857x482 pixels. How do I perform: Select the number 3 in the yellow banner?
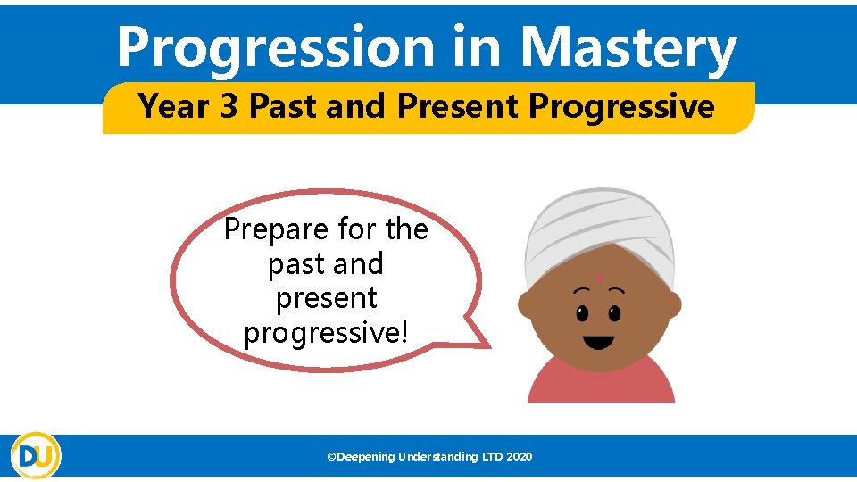[x=229, y=107]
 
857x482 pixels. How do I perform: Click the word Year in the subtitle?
[x=175, y=107]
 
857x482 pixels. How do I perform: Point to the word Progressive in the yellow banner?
[x=621, y=107]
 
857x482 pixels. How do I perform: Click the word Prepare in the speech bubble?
[x=275, y=229]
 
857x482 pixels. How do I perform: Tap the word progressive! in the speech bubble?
[x=326, y=332]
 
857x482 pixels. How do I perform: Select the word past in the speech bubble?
[x=294, y=264]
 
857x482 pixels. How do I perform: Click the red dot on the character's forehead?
[x=600, y=278]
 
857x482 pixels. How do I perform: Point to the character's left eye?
[x=582, y=313]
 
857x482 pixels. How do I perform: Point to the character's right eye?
[x=614, y=313]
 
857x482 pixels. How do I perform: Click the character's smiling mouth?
[x=598, y=342]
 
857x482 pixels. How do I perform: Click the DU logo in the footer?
[x=36, y=455]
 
